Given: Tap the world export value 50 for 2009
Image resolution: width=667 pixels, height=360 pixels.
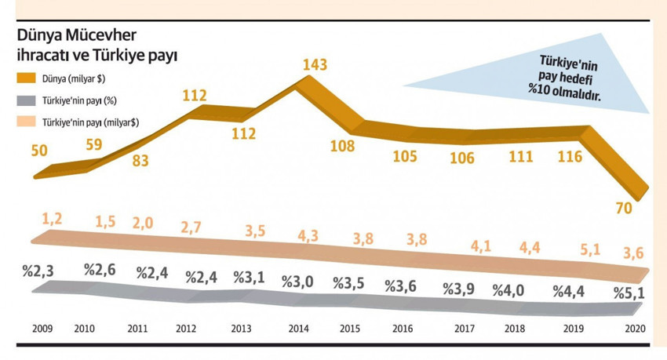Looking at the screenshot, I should point(40,151).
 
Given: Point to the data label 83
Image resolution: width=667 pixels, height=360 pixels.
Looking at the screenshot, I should point(141,162).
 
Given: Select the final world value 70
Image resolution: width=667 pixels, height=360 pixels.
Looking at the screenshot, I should point(625,207).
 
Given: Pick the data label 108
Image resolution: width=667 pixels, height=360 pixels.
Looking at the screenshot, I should point(342,146).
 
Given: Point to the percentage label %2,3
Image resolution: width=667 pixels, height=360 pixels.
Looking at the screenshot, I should point(38,272).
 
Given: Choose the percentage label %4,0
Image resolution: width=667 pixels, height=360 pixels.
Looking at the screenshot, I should point(510,289).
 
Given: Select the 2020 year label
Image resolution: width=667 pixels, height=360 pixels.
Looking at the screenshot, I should point(634,329).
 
